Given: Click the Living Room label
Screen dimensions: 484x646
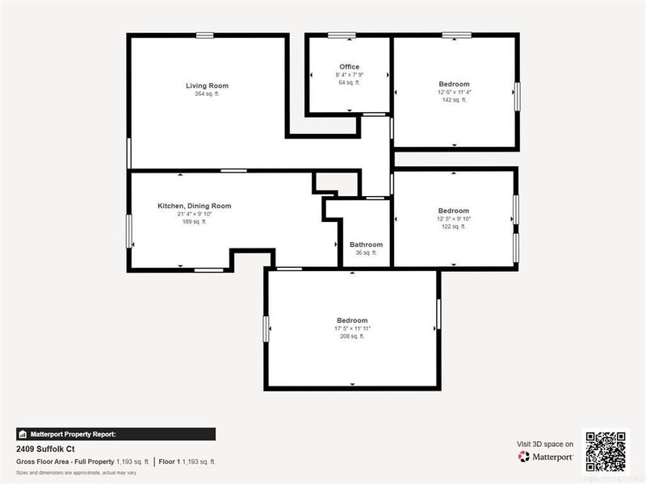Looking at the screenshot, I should point(207,86).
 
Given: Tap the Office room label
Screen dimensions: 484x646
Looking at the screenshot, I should point(350,67).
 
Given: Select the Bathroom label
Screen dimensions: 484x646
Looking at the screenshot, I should point(366,244).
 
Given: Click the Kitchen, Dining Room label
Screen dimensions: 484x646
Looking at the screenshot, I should point(194,206).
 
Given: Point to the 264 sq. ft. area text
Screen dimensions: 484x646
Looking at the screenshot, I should point(207,94).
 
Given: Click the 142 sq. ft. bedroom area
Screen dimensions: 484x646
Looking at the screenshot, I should point(454,100).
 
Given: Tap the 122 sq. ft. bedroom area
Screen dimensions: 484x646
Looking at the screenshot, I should point(453,227).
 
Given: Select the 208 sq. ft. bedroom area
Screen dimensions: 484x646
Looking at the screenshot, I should point(352,336).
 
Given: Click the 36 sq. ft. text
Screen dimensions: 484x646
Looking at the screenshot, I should point(366,253).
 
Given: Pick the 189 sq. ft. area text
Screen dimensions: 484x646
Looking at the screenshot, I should point(194,222).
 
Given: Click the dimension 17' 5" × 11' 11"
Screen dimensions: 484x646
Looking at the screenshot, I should point(352,328).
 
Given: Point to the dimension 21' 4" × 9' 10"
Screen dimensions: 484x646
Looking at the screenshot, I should point(194,214).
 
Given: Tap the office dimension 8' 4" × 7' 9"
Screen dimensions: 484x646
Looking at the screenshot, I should point(350,75).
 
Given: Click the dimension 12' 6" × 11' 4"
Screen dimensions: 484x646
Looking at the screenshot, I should point(454,92).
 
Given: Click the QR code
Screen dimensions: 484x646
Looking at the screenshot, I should point(605,451).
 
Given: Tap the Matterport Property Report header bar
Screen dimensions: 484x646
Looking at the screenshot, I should point(115,433).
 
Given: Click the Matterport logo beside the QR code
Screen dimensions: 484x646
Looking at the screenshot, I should point(546,457).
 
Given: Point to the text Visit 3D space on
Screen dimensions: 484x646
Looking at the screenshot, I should point(545,444).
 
